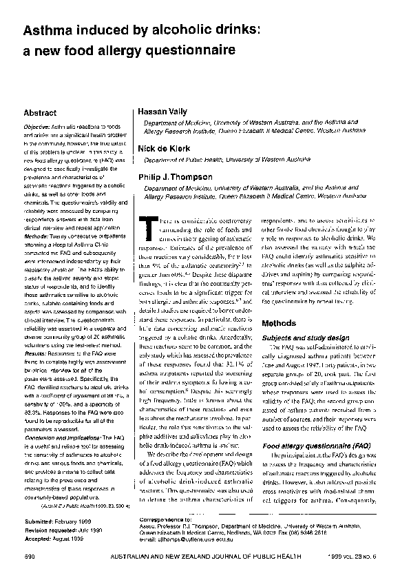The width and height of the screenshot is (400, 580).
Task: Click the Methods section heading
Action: (279, 323)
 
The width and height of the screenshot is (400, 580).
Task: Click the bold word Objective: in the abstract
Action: (39, 128)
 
